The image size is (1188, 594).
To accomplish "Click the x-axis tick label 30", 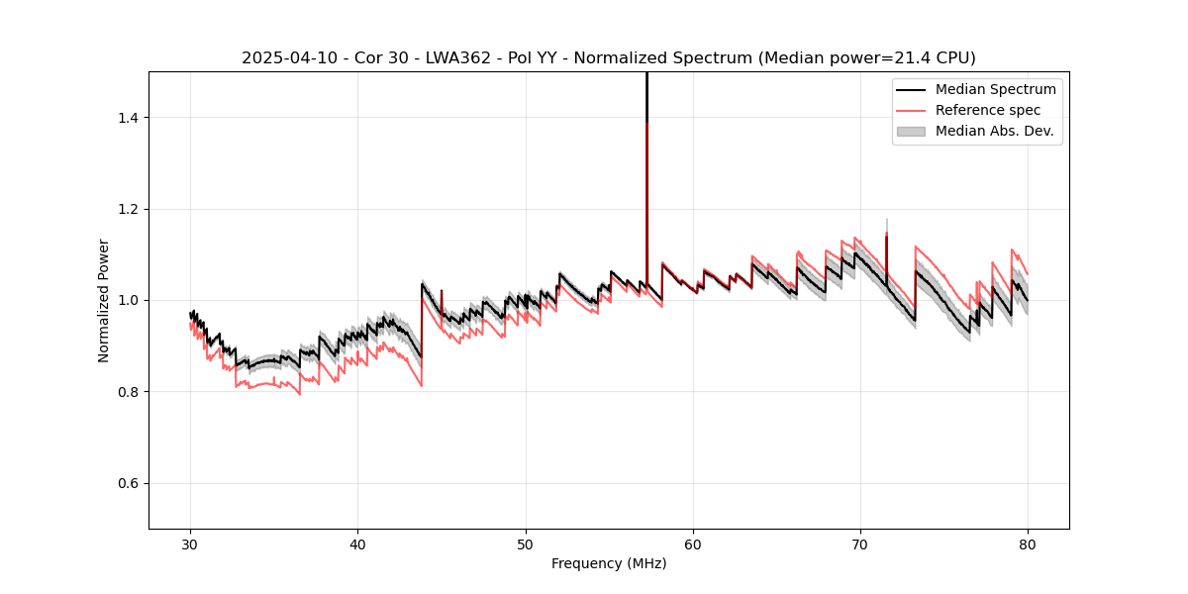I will (190, 544).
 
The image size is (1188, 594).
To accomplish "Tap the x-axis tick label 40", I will (357, 544).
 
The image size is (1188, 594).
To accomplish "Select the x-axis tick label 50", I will (526, 544).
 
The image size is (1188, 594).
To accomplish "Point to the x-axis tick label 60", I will (693, 544).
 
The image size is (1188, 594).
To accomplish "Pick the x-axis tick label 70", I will (860, 544).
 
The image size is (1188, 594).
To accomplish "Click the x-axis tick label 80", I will (1028, 544).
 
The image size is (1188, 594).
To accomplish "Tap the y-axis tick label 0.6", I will (128, 483).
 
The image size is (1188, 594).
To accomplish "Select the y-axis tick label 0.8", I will (128, 392).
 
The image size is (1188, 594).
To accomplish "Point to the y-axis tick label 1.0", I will (128, 300).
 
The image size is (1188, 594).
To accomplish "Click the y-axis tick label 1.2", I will (128, 209).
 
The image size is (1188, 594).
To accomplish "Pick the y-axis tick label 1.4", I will (128, 118).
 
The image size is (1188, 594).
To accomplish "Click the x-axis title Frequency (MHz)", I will (609, 563).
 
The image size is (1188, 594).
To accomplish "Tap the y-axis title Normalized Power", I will (104, 300).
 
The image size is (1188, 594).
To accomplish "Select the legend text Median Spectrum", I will (995, 89).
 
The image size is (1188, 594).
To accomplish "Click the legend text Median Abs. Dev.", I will (994, 131).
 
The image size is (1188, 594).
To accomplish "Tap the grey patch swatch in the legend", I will (911, 131).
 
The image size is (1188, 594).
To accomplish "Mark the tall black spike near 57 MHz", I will (646, 99).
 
